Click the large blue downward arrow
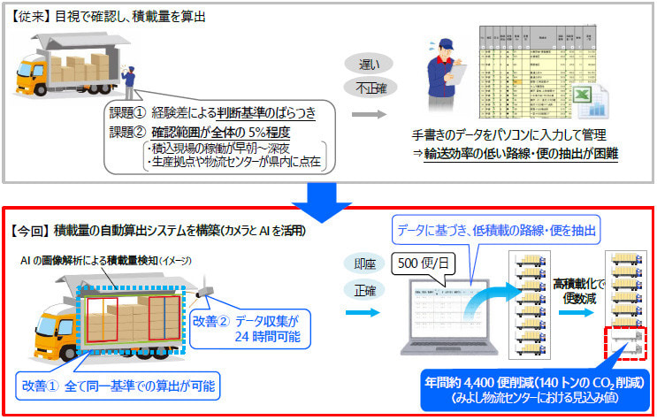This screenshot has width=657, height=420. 329,199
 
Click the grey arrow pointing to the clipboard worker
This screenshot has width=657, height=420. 370,114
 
